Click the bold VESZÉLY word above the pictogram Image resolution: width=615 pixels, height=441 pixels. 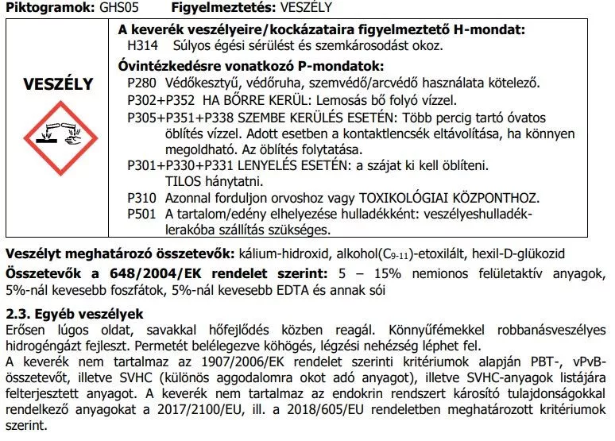(57, 84)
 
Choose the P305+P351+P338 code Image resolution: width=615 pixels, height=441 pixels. (180, 117)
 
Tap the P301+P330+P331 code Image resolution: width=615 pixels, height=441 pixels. (179, 165)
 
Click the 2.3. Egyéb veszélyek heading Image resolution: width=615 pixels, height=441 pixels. (74, 313)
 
